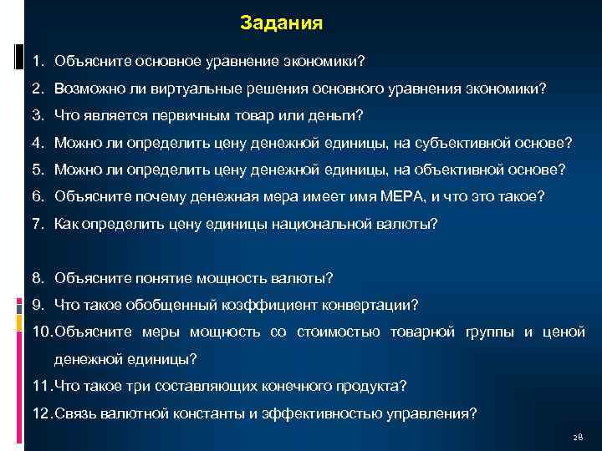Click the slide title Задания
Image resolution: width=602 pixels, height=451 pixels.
pos(280,23)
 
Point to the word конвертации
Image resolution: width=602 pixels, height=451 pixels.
pos(366,305)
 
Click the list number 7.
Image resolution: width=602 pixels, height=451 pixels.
pos(38,224)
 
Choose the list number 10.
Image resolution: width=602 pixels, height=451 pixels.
pos(42,332)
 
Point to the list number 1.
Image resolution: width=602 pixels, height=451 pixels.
pos(38,61)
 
